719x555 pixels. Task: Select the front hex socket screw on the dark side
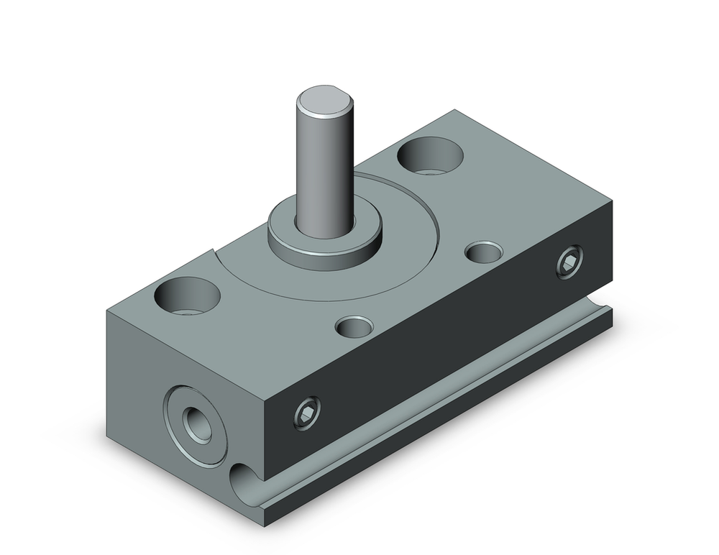coord(305,414)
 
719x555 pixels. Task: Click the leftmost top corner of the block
coord(108,311)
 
